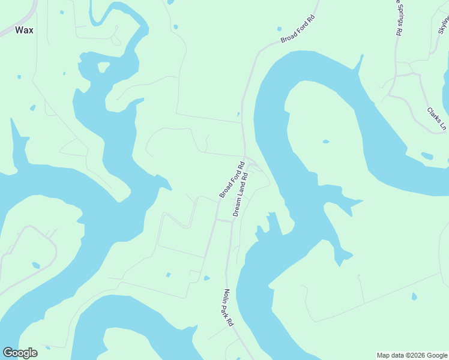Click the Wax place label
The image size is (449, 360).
pyautogui.click(x=24, y=29)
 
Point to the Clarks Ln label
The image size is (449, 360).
pyautogui.click(x=437, y=119)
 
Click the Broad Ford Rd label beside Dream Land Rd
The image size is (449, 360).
pyautogui.click(x=232, y=180)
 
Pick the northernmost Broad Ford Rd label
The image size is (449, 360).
pyautogui.click(x=298, y=29)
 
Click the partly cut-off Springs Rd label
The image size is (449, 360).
pyautogui.click(x=397, y=18)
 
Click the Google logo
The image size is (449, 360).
pyautogui.click(x=20, y=353)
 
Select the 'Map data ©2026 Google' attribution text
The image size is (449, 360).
pyautogui.click(x=412, y=355)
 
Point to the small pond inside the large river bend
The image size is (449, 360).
pyautogui.click(x=325, y=142)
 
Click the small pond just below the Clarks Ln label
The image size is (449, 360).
pyautogui.click(x=427, y=156)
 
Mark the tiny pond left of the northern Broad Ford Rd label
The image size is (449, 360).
pyautogui.click(x=279, y=28)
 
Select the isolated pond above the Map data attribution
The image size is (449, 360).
pyautogui.click(x=414, y=296)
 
